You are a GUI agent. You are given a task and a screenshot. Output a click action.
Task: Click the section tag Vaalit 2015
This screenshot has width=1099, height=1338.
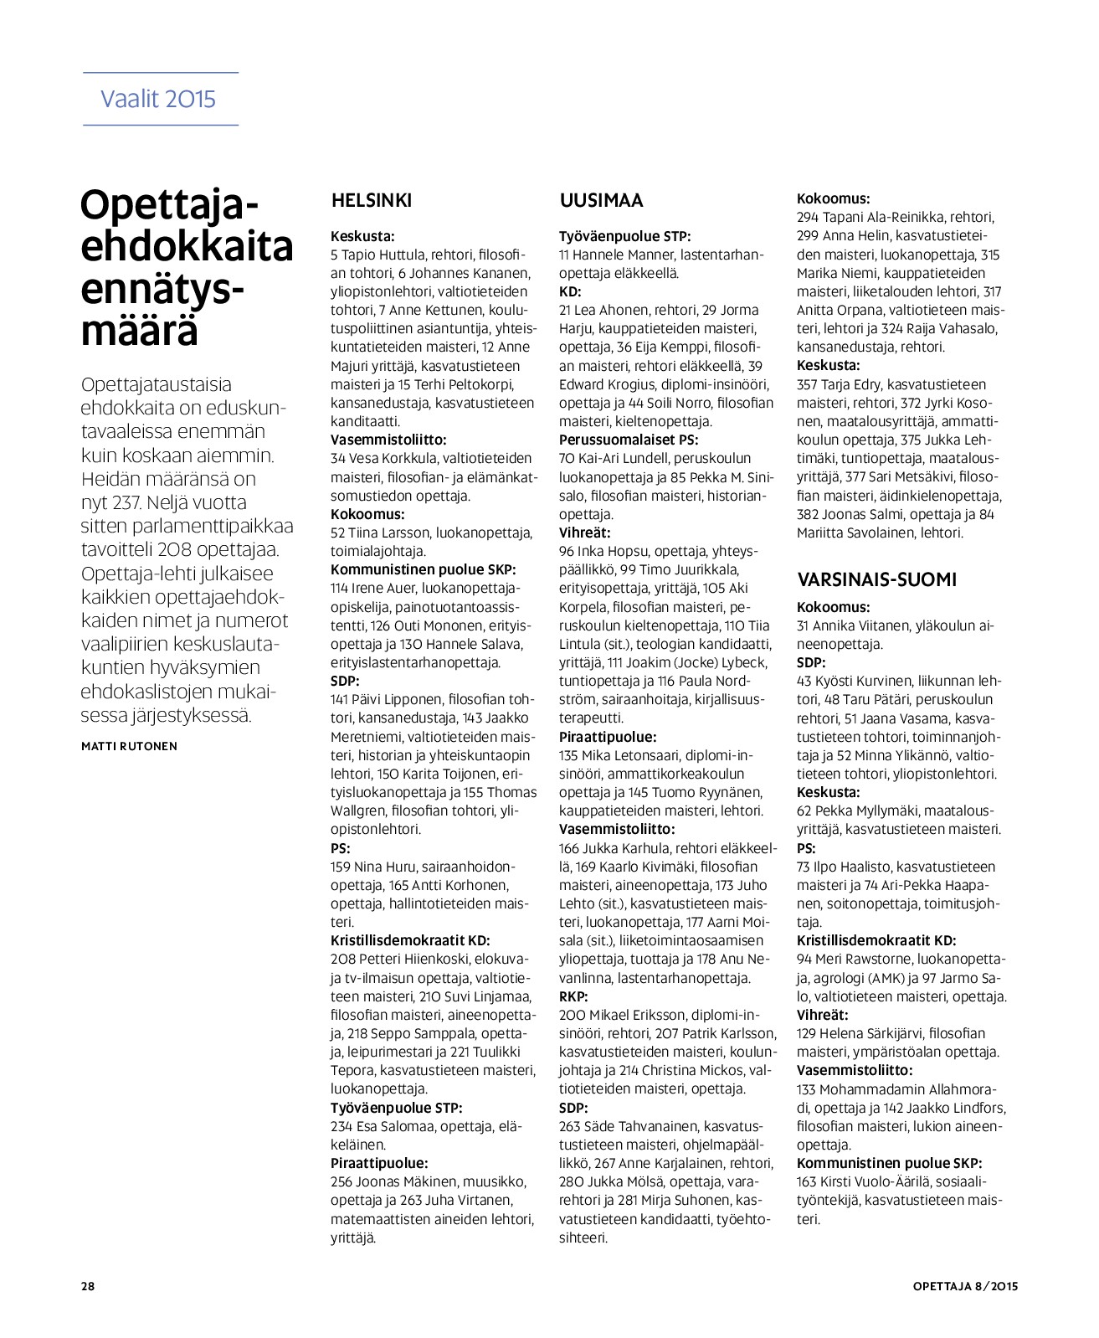(x=158, y=99)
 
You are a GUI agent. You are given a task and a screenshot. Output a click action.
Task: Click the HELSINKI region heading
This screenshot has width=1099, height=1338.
(x=372, y=201)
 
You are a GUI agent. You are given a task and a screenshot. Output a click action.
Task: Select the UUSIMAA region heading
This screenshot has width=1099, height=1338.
(x=601, y=201)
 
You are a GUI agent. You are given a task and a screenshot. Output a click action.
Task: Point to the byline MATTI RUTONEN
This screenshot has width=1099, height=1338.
(x=129, y=746)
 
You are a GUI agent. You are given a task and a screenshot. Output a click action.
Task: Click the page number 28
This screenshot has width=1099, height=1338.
(x=88, y=1286)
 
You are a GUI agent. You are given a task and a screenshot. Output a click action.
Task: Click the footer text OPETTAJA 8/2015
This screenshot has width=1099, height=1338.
(x=965, y=1286)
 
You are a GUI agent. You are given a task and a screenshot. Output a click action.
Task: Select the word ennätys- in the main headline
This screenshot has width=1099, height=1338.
(x=164, y=289)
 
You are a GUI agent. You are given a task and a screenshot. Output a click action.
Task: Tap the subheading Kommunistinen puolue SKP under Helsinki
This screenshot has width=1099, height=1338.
(x=423, y=569)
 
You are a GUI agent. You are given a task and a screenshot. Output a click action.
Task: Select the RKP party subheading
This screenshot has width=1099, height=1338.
(x=573, y=996)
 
